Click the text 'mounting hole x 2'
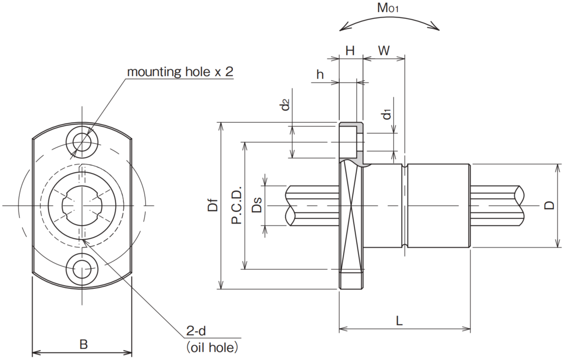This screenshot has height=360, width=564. coord(180,72)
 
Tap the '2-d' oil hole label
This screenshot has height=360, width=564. coord(196,330)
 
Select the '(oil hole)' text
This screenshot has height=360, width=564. coord(212,347)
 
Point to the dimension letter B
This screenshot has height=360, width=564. coord(83,344)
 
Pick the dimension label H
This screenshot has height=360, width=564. coord(350,51)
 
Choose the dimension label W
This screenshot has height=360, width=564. coord(384,51)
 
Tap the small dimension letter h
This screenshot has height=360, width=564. coord(320,74)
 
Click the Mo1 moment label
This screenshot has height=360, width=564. coord(388,8)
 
